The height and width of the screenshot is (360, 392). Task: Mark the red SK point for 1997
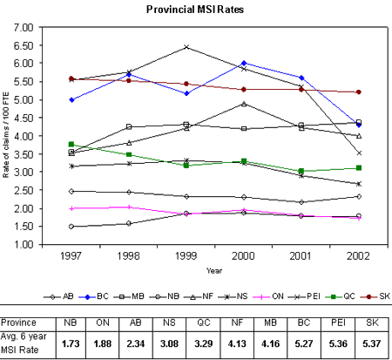(x=71, y=78)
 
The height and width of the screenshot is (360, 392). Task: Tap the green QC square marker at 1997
(x=71, y=144)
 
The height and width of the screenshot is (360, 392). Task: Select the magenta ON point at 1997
(x=71, y=208)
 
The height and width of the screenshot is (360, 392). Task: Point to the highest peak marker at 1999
(x=186, y=47)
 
